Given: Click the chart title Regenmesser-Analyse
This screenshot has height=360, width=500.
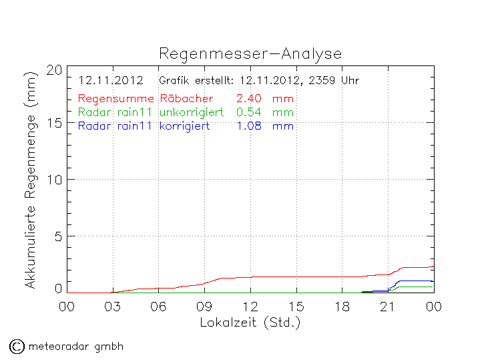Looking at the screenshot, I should click(x=250, y=54).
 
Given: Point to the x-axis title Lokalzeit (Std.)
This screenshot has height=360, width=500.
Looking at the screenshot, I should click(x=250, y=323).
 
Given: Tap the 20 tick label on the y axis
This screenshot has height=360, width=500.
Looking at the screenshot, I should click(x=55, y=70).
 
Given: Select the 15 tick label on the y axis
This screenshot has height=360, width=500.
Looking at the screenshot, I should click(x=55, y=123).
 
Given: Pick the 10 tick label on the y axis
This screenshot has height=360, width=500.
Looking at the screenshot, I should click(x=55, y=180).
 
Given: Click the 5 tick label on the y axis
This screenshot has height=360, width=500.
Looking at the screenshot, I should click(x=59, y=236).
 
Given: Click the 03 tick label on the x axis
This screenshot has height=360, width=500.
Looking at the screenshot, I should click(x=113, y=307).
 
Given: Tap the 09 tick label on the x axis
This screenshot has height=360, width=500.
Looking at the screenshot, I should click(x=204, y=307).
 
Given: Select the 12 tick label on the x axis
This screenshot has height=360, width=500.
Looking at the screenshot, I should click(x=250, y=307).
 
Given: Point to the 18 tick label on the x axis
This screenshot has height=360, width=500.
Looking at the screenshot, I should click(x=342, y=307).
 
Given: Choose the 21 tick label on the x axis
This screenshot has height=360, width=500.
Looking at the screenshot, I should click(x=388, y=307).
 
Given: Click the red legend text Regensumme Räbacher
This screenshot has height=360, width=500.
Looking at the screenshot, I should click(x=145, y=100).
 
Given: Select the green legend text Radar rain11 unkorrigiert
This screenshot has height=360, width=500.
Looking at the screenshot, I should click(x=150, y=112).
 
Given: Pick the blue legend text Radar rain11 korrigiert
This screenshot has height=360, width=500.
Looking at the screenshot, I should click(x=144, y=126).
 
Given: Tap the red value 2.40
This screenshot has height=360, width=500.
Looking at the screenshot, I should click(x=248, y=100).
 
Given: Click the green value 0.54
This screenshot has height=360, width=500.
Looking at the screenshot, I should click(x=248, y=112).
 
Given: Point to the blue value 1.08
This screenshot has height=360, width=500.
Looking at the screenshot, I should click(x=248, y=126).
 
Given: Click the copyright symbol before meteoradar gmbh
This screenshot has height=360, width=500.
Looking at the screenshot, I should click(x=16, y=346).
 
